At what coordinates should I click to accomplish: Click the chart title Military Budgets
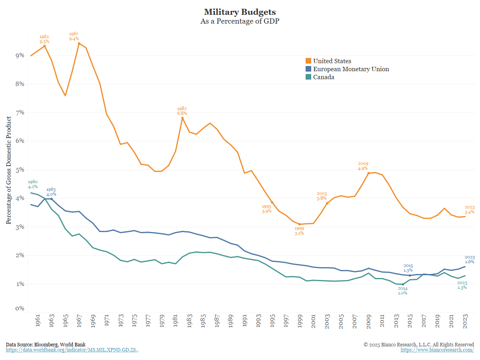pyautogui.click(x=240, y=12)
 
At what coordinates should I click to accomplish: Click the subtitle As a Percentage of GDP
pyautogui.click(x=240, y=22)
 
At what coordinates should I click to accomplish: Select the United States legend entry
pyautogui.click(x=332, y=61)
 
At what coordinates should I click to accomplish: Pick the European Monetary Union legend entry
pyautogui.click(x=351, y=69)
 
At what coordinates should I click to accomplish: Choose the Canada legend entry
pyautogui.click(x=323, y=77)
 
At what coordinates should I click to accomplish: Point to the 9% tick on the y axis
pyautogui.click(x=20, y=55)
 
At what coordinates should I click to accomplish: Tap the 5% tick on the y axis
pyautogui.click(x=20, y=170)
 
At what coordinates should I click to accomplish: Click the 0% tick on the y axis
pyautogui.click(x=20, y=308)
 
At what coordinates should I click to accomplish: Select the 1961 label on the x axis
pyautogui.click(x=38, y=322)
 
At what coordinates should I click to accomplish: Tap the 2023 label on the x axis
pyautogui.click(x=466, y=322)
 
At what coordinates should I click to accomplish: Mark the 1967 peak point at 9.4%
pyautogui.click(x=79, y=43)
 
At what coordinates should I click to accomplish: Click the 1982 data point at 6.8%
pyautogui.click(x=182, y=118)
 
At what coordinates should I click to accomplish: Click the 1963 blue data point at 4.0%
pyautogui.click(x=51, y=198)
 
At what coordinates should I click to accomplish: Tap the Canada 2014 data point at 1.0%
pyautogui.click(x=403, y=284)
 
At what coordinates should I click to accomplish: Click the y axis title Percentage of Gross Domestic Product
pyautogui.click(x=8, y=170)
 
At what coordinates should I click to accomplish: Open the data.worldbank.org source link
pyautogui.click(x=72, y=350)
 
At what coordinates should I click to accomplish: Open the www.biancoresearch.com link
pyautogui.click(x=437, y=350)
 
